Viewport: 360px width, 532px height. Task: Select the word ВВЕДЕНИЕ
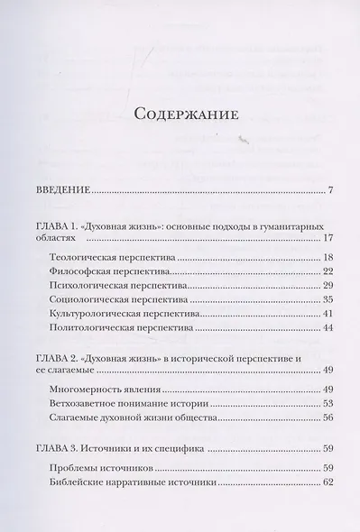pyautogui.click(x=56, y=190)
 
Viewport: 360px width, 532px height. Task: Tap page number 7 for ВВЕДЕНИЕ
pyautogui.click(x=331, y=190)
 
